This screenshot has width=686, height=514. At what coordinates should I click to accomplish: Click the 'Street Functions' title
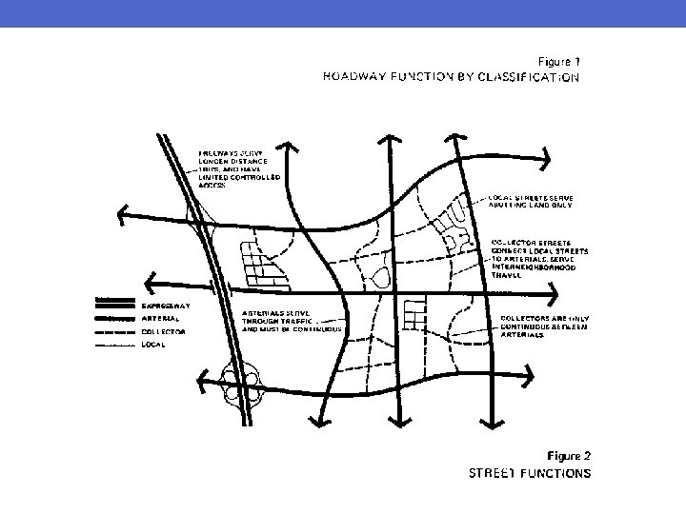[x=529, y=472]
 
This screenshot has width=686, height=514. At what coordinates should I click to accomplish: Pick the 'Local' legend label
[x=153, y=344]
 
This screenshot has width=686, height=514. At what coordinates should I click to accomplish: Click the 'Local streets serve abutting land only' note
[x=538, y=200]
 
